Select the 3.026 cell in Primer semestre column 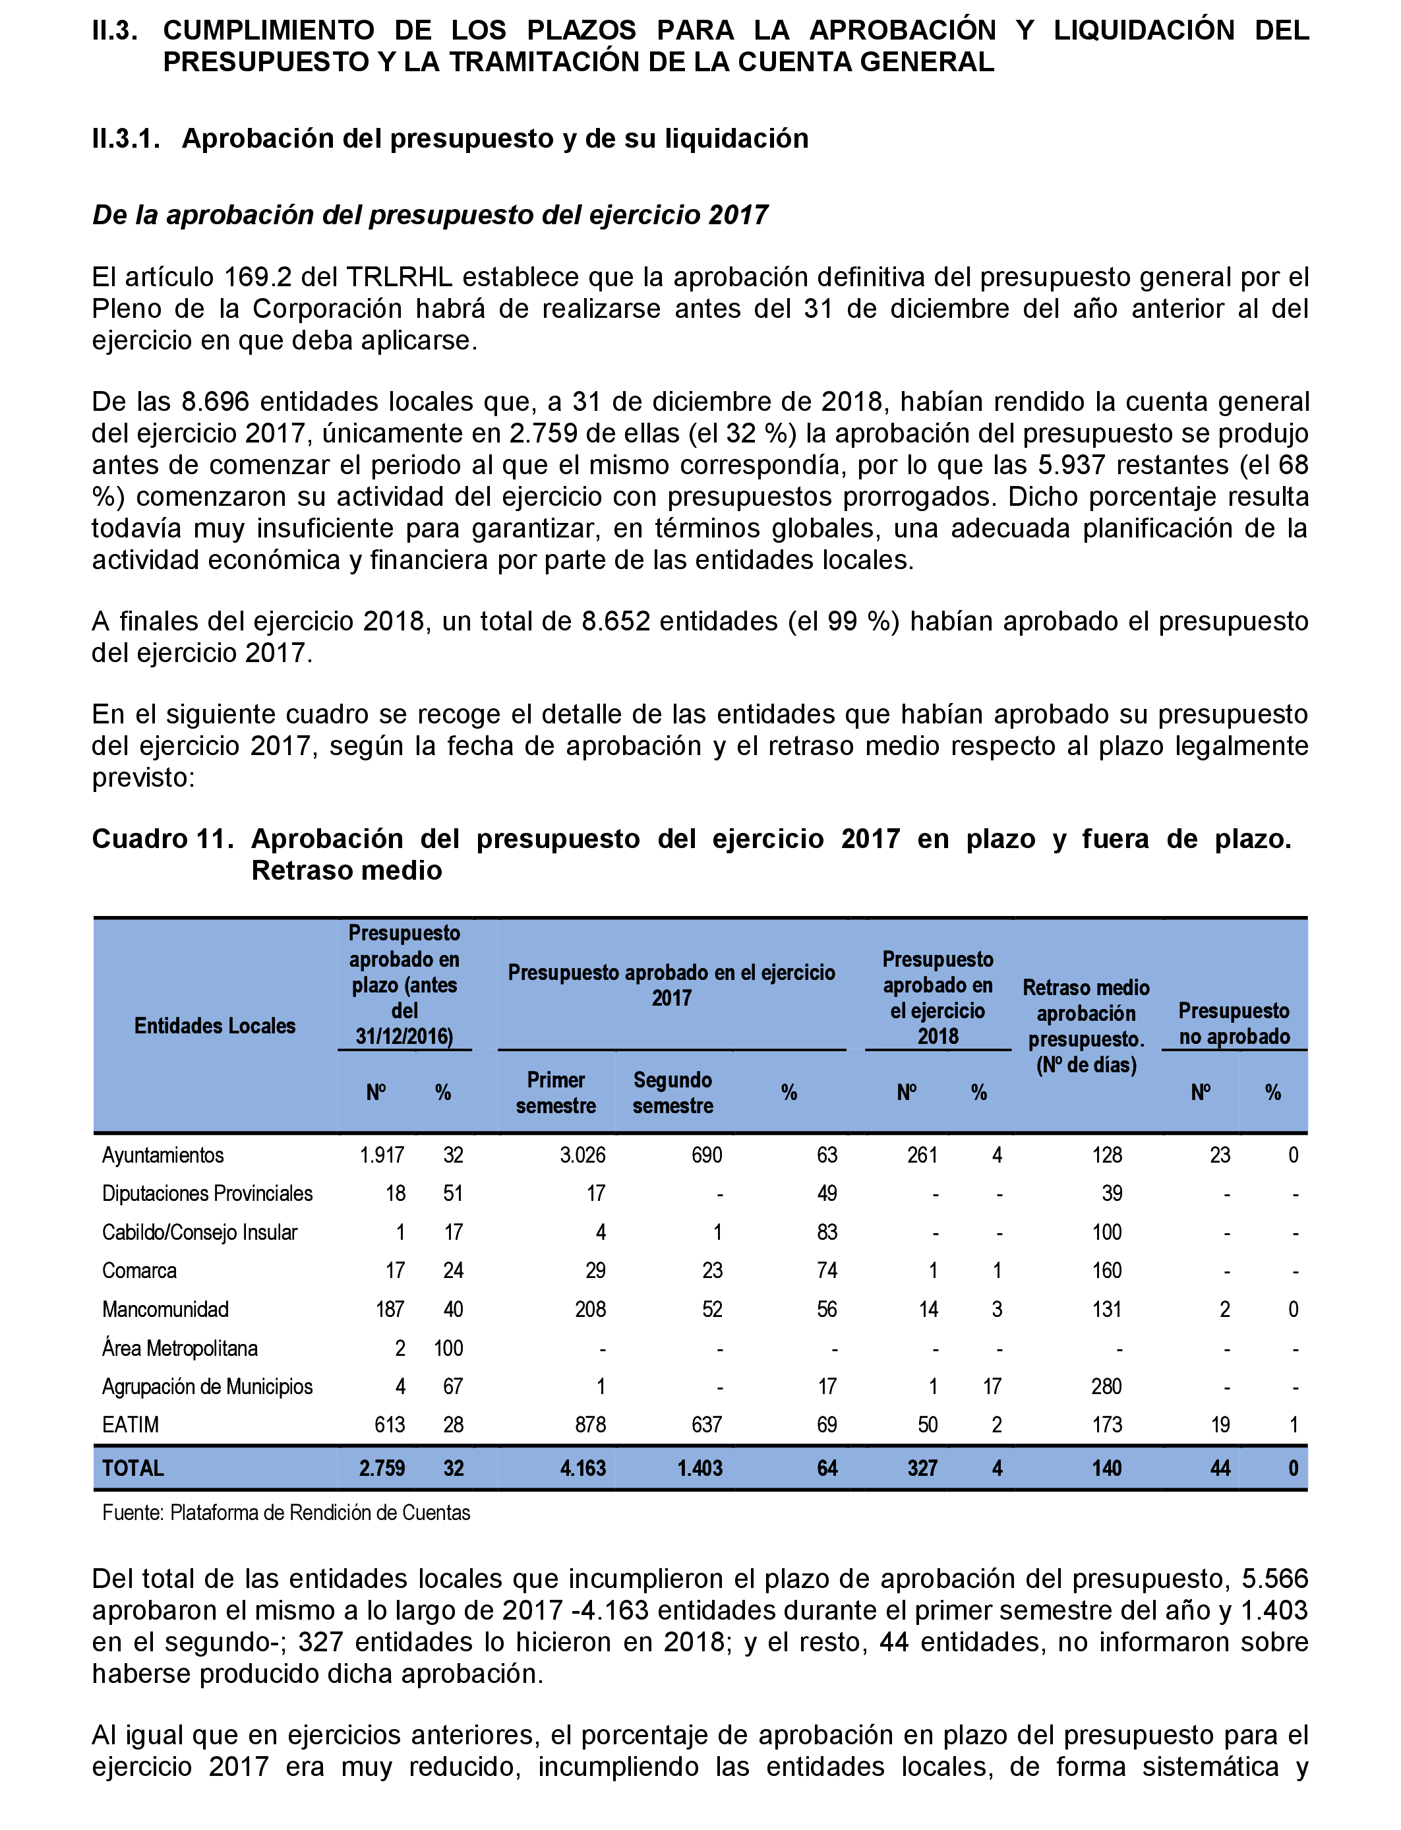pyautogui.click(x=582, y=1155)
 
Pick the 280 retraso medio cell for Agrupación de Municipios pyautogui.click(x=1106, y=1386)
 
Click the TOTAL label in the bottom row pyautogui.click(x=133, y=1468)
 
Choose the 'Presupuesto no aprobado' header pyautogui.click(x=1234, y=1023)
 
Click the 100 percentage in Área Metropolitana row pyautogui.click(x=449, y=1348)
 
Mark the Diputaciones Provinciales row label pyautogui.click(x=207, y=1194)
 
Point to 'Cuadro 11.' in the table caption pyautogui.click(x=162, y=838)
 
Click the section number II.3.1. pyautogui.click(x=125, y=138)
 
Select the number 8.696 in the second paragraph pyautogui.click(x=215, y=402)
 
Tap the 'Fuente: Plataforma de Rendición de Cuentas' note pyautogui.click(x=286, y=1513)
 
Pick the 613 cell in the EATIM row pyautogui.click(x=390, y=1424)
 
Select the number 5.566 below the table pyautogui.click(x=1274, y=1579)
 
